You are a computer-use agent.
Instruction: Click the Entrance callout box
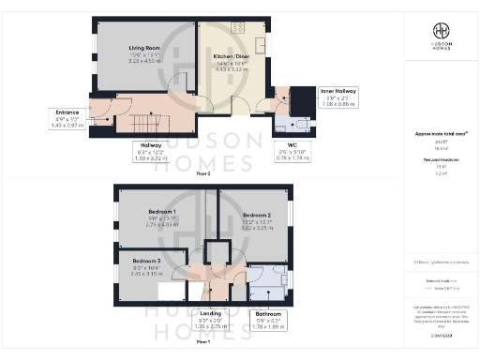click(68, 118)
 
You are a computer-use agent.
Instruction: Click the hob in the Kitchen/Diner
click(236, 27)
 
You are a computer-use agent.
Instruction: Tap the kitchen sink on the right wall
click(263, 45)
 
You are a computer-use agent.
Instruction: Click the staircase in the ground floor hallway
click(146, 123)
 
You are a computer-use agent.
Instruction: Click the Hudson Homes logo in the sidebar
click(440, 37)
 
